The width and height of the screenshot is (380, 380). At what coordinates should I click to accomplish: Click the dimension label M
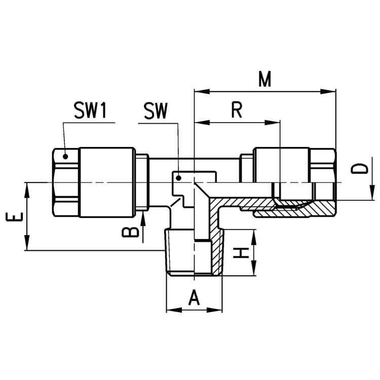264,79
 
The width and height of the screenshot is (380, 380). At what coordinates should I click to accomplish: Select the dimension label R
237,110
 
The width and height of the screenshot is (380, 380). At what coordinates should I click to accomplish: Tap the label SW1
90,111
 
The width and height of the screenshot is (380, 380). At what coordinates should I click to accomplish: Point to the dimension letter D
359,169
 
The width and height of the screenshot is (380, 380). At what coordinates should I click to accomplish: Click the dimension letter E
14,217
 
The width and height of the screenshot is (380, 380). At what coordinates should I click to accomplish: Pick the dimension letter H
241,253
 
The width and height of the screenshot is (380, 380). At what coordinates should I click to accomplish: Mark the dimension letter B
131,232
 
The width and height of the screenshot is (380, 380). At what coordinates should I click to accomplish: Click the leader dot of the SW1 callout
65,157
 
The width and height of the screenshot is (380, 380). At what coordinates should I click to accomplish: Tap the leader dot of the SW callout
179,178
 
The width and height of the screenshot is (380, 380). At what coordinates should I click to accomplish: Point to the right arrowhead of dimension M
328,92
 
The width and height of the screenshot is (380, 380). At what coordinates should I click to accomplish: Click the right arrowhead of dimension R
273,123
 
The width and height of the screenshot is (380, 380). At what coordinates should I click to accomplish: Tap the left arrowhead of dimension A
174,310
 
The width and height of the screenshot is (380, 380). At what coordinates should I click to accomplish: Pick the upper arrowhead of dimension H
253,237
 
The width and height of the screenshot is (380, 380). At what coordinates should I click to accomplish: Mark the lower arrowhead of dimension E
27,243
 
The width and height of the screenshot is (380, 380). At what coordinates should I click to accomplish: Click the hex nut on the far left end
66,182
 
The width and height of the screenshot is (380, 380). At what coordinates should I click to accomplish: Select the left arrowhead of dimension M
202,92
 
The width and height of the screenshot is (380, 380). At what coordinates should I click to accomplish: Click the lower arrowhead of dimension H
253,268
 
